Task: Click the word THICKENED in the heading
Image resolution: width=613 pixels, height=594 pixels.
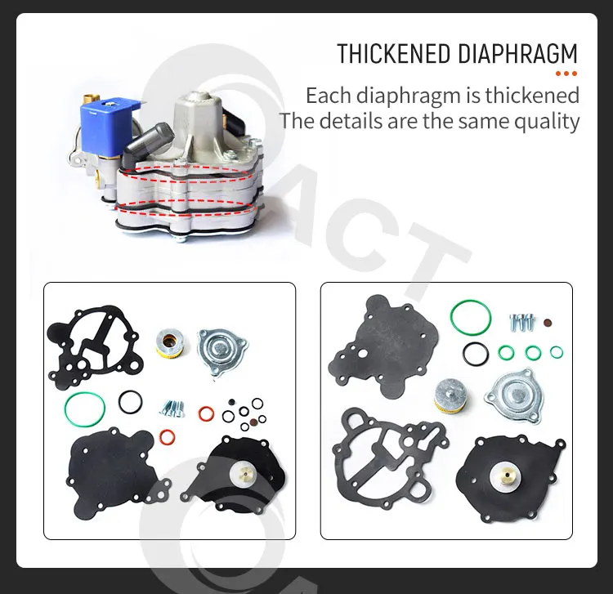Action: [395, 55]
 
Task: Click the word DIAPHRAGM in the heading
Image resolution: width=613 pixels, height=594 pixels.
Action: [517, 55]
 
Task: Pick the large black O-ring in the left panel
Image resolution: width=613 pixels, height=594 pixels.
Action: [130, 401]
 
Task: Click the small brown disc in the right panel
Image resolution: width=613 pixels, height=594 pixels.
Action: [546, 321]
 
